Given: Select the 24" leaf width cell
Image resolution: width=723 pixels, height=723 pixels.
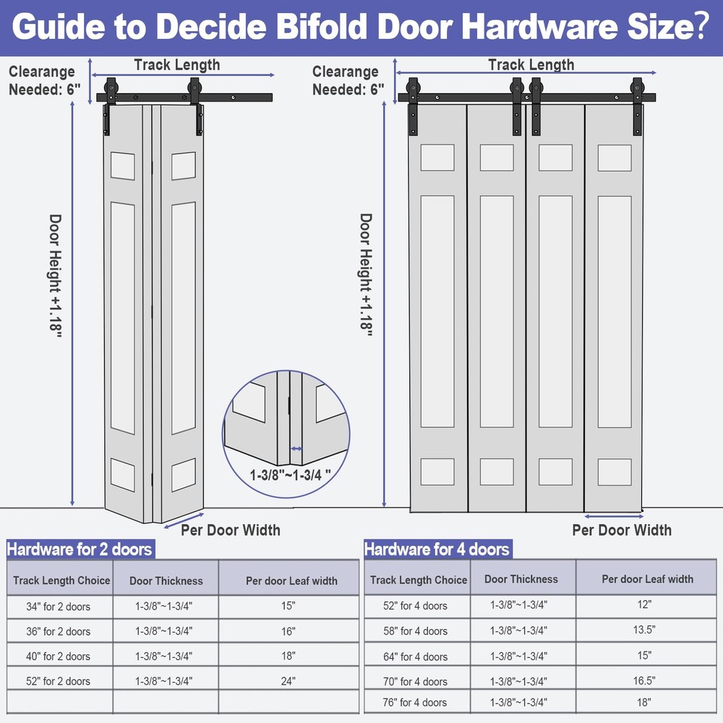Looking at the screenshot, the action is click(x=288, y=680).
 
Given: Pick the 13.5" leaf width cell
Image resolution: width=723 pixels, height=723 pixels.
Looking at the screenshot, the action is click(x=646, y=630).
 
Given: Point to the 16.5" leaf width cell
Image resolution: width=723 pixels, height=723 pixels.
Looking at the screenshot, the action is click(x=646, y=680).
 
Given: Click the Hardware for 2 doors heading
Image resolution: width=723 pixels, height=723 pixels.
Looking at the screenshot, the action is click(x=80, y=549).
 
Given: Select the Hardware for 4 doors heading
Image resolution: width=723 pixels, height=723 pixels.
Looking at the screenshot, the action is click(x=437, y=549).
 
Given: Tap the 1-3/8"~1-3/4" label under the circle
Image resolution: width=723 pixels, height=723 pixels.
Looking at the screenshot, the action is click(x=291, y=475).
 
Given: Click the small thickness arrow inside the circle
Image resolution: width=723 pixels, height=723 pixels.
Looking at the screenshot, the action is click(x=296, y=448).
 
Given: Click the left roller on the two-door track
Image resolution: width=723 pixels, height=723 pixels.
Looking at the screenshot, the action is click(x=111, y=88).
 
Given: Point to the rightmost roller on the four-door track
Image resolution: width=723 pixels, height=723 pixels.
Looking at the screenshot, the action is click(x=637, y=88).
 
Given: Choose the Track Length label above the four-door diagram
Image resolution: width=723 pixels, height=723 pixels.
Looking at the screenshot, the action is click(x=531, y=64).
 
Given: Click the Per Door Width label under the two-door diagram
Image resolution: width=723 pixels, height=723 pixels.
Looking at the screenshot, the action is click(x=231, y=530).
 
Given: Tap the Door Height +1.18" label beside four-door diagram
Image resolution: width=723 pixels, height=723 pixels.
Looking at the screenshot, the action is click(x=366, y=275).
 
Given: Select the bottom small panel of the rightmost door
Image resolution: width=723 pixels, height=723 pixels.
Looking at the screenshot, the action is click(x=615, y=471).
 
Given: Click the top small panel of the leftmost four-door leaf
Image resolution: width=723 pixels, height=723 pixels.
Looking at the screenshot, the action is click(x=437, y=157).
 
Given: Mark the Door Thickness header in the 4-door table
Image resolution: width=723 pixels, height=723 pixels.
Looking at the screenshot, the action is click(x=521, y=579).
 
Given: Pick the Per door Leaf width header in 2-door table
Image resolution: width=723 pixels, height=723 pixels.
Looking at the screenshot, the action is click(x=291, y=581).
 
